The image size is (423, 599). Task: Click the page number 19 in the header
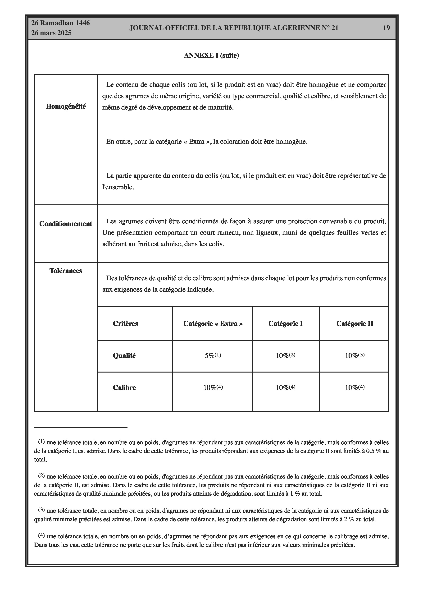click(x=386, y=28)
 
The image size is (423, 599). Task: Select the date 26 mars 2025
click(x=51, y=33)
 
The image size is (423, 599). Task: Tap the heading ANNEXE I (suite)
click(x=211, y=55)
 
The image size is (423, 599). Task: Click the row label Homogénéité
click(x=66, y=106)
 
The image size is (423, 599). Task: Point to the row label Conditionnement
click(x=66, y=224)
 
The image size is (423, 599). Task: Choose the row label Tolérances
click(x=66, y=271)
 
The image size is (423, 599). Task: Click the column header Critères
click(x=125, y=323)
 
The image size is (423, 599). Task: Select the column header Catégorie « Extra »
click(x=213, y=323)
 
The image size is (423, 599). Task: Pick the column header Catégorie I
click(x=286, y=323)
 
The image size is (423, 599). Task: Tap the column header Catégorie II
click(x=355, y=323)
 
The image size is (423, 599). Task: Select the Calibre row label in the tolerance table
click(x=124, y=387)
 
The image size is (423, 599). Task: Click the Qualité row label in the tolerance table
click(x=124, y=356)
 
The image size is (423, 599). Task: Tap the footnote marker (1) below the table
click(x=41, y=441)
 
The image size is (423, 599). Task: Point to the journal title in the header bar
click(x=234, y=28)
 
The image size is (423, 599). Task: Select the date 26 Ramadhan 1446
click(x=60, y=23)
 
